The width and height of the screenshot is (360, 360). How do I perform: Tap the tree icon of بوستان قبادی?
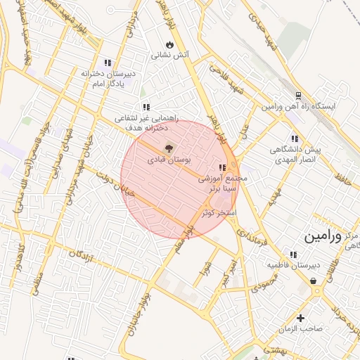(x=168, y=148)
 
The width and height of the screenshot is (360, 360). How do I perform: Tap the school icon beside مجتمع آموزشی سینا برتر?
(x=223, y=167)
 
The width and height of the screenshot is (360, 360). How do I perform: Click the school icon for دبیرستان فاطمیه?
(x=292, y=254)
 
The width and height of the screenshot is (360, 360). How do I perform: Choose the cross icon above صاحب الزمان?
(x=301, y=318)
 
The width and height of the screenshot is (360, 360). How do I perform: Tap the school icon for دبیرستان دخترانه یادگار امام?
(x=108, y=63)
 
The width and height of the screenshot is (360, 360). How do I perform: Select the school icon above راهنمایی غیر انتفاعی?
(x=146, y=107)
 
